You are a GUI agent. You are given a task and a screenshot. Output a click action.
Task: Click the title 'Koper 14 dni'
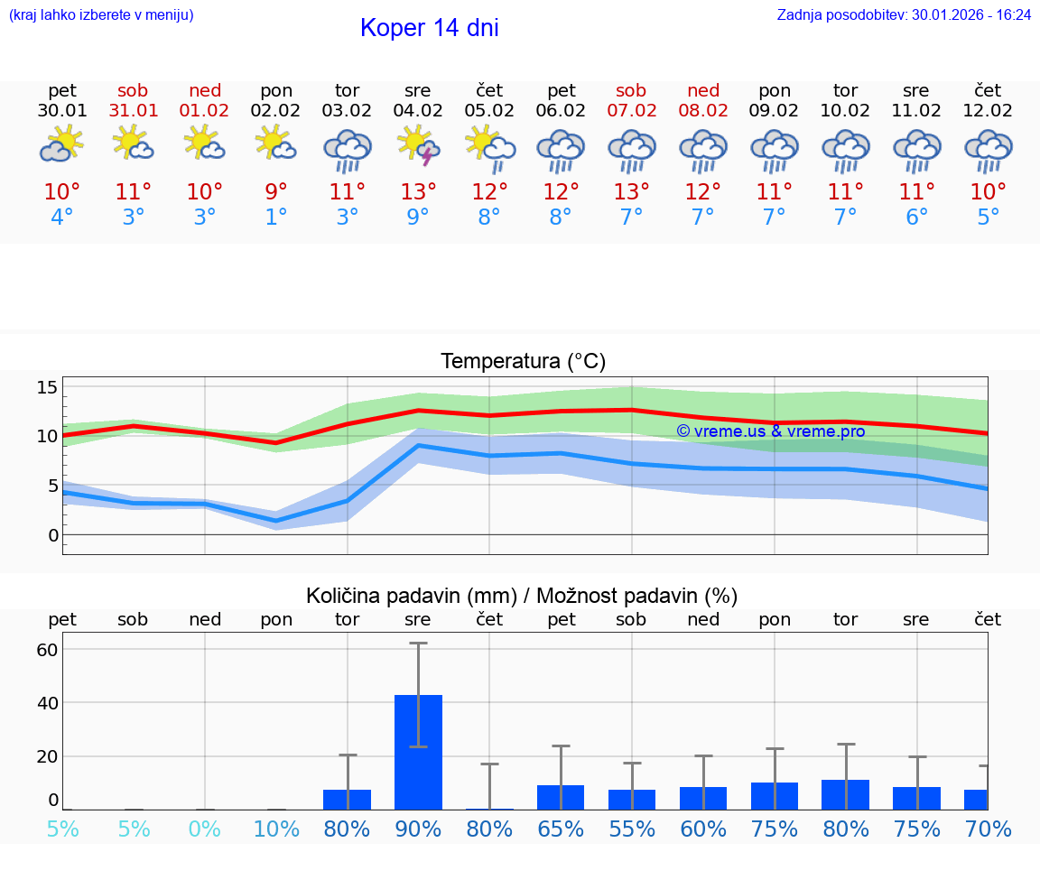429,28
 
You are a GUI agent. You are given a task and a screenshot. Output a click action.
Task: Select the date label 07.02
631,111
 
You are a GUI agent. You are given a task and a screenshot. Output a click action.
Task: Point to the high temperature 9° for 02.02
276,192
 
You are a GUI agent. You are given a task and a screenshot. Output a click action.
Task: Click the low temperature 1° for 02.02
276,218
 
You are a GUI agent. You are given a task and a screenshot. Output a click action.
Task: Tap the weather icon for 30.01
61,145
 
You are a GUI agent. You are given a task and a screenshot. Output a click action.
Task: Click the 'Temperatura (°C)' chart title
523,362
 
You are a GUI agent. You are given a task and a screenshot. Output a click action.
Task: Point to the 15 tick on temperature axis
47,387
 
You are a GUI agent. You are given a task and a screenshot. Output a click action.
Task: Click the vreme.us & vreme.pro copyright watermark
771,431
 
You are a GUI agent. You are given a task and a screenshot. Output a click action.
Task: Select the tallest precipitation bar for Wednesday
418,751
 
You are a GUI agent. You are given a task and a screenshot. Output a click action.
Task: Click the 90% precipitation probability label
418,829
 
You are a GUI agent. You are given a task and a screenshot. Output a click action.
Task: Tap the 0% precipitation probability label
205,829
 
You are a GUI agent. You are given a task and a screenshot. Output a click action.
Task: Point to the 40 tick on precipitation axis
47,702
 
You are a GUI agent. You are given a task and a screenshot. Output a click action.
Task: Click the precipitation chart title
522,596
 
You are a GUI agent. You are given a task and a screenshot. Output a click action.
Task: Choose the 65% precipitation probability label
561,829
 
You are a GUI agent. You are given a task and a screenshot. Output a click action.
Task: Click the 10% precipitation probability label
276,829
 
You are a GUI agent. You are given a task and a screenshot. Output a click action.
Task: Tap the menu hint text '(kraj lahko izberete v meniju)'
101,14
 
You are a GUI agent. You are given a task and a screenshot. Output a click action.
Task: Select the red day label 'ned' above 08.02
703,90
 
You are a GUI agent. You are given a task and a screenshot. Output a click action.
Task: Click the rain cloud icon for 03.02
348,149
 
